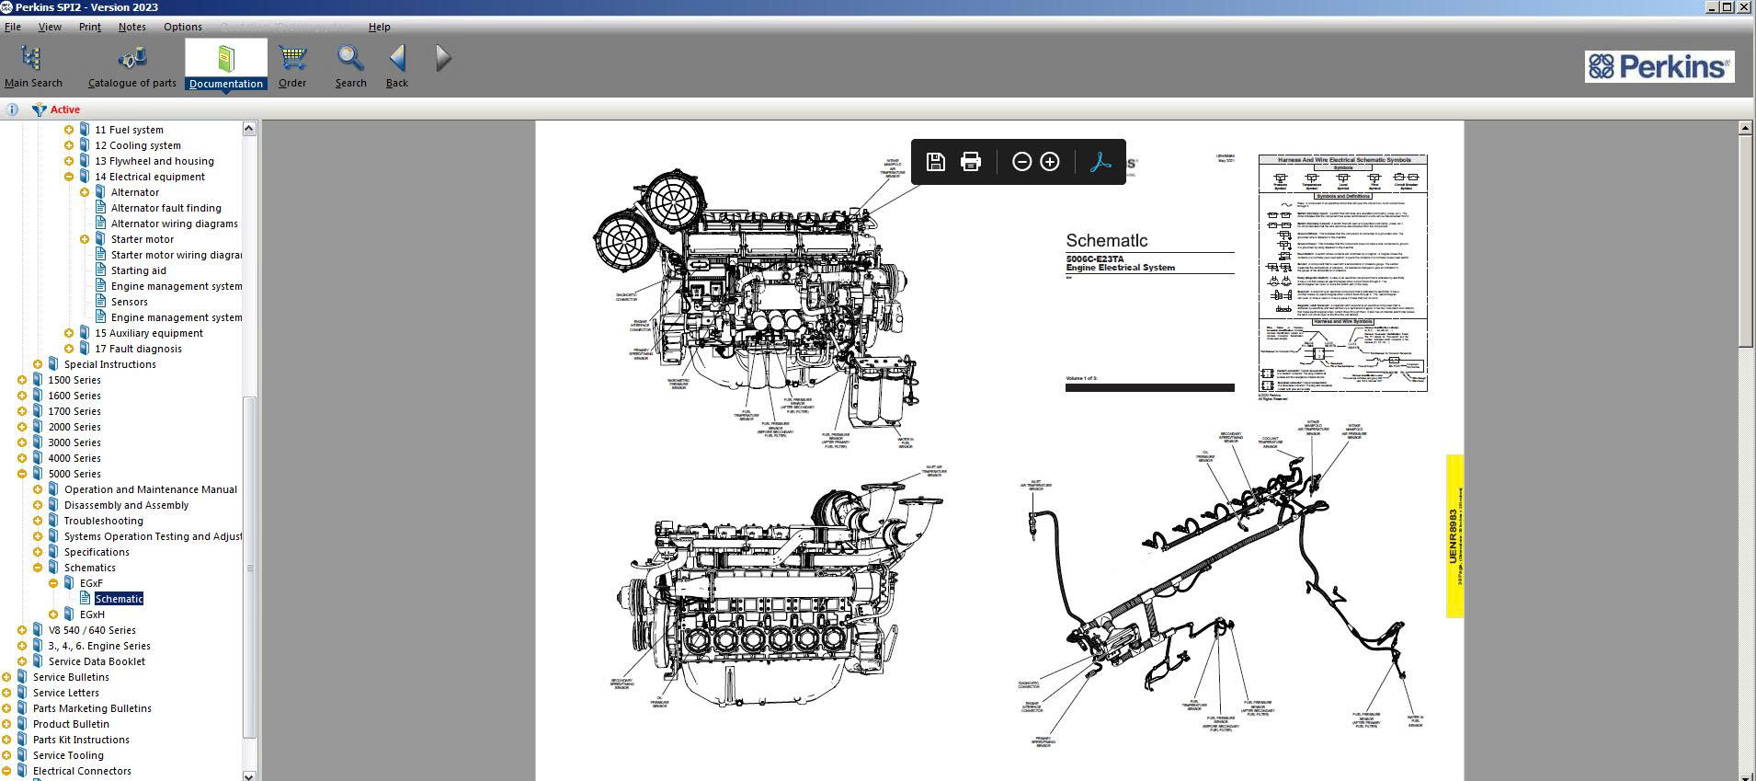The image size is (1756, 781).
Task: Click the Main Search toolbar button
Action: tap(32, 65)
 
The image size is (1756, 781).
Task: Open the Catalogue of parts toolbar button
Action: tap(131, 65)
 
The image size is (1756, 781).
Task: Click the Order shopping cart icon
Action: tap(292, 65)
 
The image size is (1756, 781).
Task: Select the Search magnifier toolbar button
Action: tap(350, 65)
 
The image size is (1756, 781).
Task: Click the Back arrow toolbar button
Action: tap(397, 65)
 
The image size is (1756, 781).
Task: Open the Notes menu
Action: tap(131, 27)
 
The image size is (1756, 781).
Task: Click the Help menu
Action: tap(379, 27)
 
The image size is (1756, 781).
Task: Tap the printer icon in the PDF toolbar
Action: tap(971, 162)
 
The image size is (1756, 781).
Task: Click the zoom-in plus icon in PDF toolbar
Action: tap(1050, 162)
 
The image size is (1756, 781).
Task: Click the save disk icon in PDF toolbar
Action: tap(936, 162)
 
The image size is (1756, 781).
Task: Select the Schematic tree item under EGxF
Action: tap(119, 599)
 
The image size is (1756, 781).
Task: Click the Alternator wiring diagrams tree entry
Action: tap(174, 224)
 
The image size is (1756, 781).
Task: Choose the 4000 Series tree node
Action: tap(74, 458)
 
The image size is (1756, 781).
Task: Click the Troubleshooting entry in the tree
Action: tap(103, 521)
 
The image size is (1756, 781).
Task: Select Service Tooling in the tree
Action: tap(68, 755)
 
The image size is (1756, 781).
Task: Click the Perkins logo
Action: tap(1659, 66)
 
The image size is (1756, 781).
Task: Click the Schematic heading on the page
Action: tap(1106, 240)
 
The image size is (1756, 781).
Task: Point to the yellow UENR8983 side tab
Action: tap(1454, 535)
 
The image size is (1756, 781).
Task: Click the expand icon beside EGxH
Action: tap(53, 614)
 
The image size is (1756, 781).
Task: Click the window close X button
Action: tap(1745, 6)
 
